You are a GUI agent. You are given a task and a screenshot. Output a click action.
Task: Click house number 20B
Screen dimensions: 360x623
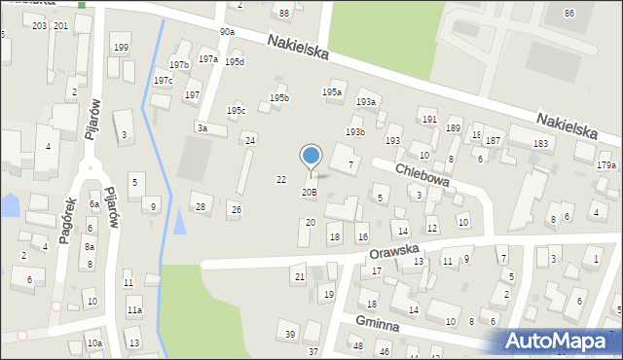[309, 193]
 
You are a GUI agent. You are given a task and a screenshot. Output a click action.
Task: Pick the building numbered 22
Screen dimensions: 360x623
[281, 180]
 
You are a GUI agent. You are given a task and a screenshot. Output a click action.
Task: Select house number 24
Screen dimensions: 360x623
[250, 141]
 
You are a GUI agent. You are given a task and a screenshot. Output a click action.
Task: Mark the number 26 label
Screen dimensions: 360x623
[236, 209]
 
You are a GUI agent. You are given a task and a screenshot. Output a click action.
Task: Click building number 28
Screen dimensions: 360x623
[201, 206]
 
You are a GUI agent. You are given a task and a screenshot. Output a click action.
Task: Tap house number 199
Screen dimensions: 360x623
[121, 47]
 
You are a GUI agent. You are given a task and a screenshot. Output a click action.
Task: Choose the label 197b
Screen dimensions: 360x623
[178, 65]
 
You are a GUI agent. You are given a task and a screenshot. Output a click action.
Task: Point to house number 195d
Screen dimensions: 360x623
[235, 62]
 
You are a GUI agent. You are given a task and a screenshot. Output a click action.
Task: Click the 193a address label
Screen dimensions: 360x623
[366, 101]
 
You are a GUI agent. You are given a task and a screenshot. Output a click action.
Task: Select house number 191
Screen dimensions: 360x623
[429, 119]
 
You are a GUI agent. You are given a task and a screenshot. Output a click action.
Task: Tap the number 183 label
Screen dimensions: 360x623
[540, 143]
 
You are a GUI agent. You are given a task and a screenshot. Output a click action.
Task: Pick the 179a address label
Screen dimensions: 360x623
[605, 165]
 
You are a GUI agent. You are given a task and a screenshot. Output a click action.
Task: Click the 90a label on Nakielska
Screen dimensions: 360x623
[227, 32]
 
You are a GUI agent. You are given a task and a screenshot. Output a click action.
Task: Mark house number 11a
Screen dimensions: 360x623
[134, 310]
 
